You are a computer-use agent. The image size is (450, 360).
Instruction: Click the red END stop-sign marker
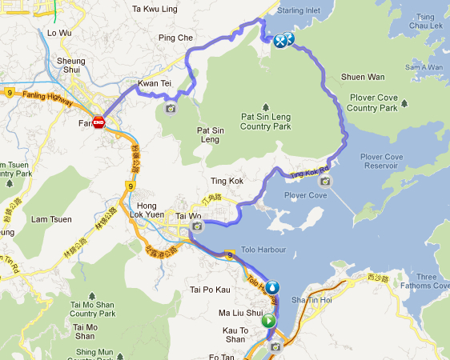pos(98,122)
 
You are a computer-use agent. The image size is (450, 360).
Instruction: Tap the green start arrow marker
pos(268,321)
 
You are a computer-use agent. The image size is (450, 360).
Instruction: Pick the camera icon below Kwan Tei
pos(170,109)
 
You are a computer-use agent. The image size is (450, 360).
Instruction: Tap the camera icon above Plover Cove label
pos(324,181)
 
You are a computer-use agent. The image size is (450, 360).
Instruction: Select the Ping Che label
pos(176,38)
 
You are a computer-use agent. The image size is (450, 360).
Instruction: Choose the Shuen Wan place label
pos(363,77)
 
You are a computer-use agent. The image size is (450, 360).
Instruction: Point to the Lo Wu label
pos(59,33)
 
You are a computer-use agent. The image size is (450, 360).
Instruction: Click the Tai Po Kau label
pos(209,289)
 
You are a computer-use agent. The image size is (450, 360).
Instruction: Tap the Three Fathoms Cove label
pos(431,283)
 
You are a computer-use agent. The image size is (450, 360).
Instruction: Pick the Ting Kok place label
pos(226,182)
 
